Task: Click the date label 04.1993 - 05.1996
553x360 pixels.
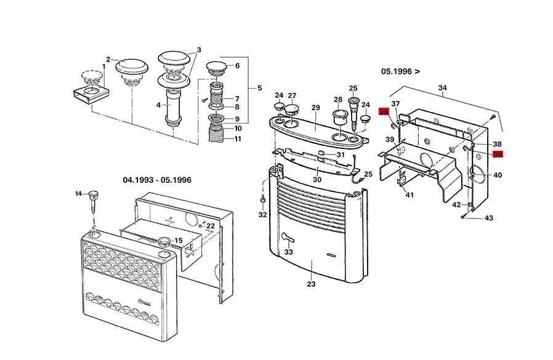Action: (x=157, y=180)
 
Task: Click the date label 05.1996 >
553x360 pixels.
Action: (x=400, y=71)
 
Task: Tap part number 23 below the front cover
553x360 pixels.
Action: (x=311, y=284)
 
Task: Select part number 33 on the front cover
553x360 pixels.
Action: (x=288, y=252)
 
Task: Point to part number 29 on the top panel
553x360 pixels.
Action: (x=316, y=108)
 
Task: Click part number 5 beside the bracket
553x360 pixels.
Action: (x=259, y=87)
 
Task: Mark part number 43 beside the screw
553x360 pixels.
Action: (x=489, y=218)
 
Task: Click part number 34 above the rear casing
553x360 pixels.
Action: (x=442, y=88)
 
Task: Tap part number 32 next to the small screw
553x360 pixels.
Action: (x=263, y=215)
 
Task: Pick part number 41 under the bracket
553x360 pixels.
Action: (x=410, y=194)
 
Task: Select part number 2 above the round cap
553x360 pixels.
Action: (x=108, y=60)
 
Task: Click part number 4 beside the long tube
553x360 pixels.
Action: (x=158, y=105)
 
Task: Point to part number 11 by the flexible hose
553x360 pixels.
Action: (x=237, y=138)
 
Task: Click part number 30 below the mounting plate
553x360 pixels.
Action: (x=317, y=179)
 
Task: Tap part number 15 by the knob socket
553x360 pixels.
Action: (x=179, y=241)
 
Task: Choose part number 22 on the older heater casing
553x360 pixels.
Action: (x=211, y=226)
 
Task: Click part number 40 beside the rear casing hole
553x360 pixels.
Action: (x=498, y=175)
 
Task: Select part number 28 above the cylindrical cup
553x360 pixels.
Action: (x=337, y=100)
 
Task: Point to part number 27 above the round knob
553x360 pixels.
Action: (x=292, y=95)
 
